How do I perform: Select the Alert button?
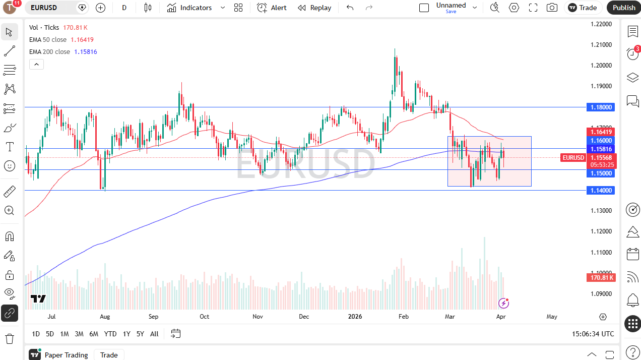272,8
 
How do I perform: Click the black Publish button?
624,8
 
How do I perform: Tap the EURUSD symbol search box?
50,8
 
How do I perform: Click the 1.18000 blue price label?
601,107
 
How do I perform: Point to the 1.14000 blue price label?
601,190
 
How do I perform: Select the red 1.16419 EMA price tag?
601,132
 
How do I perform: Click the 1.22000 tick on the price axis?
601,24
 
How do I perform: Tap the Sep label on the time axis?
153,317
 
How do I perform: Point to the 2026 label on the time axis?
355,317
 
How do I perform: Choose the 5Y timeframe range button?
140,334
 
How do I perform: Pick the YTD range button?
110,334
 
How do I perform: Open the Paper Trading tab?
66,355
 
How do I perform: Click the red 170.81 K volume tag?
601,277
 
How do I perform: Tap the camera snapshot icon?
552,8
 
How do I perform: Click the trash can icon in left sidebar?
9,338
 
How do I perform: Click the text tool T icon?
9,147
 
